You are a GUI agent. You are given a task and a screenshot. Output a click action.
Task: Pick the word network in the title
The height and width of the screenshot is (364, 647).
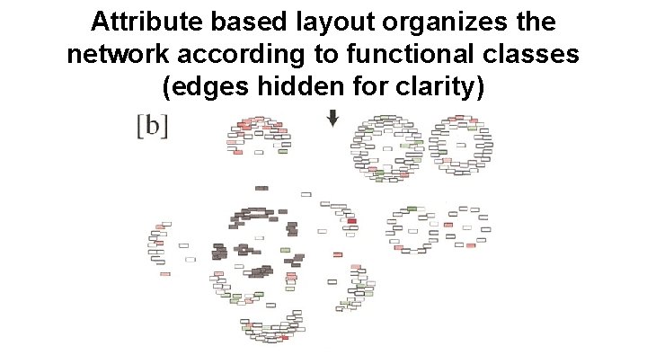116,55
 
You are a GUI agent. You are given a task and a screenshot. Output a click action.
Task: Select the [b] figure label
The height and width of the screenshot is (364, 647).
152,124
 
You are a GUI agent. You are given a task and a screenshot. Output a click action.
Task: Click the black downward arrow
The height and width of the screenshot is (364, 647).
332,119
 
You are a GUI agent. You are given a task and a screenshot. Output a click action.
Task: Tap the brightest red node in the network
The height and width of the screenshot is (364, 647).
351,221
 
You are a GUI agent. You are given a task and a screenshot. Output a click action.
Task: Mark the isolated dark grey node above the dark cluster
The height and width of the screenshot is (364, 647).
261,188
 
